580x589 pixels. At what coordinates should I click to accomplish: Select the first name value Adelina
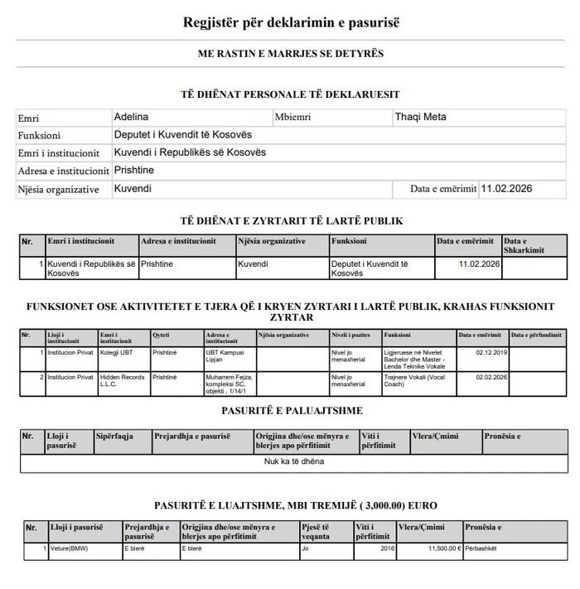[131, 117]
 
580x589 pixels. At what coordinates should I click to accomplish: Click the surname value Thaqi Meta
[420, 117]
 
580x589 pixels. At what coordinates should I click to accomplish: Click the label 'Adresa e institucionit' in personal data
[63, 171]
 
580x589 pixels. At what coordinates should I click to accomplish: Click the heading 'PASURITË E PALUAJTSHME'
[291, 411]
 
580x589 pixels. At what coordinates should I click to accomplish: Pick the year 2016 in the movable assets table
[387, 548]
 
